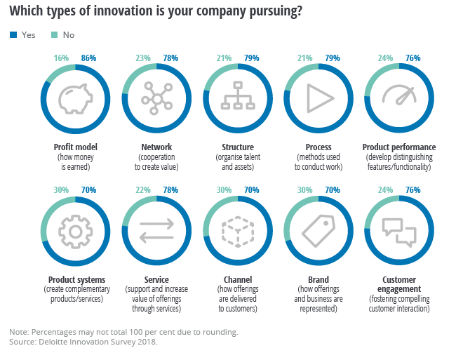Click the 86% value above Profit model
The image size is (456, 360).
(88, 58)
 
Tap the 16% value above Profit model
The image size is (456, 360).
(62, 58)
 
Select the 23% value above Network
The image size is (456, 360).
(142, 58)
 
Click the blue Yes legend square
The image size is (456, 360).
(13, 34)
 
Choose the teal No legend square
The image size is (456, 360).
(55, 34)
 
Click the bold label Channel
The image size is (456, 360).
(237, 280)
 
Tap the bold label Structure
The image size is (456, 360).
(237, 147)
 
